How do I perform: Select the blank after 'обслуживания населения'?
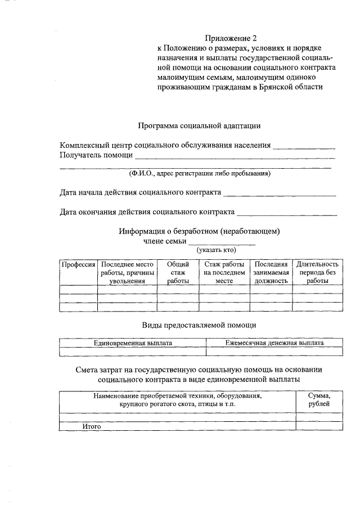pyautogui.click(x=304, y=146)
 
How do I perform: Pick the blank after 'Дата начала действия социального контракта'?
pyautogui.click(x=280, y=193)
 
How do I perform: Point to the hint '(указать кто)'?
pyautogui.click(x=216, y=250)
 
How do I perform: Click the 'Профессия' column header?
pyautogui.click(x=78, y=264)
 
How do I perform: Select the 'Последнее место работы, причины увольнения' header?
pyautogui.click(x=127, y=272)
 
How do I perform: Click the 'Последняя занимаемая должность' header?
pyautogui.click(x=271, y=272)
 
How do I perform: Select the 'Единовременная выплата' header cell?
pyautogui.click(x=133, y=343)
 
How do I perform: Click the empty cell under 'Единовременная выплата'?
pyautogui.click(x=133, y=352)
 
